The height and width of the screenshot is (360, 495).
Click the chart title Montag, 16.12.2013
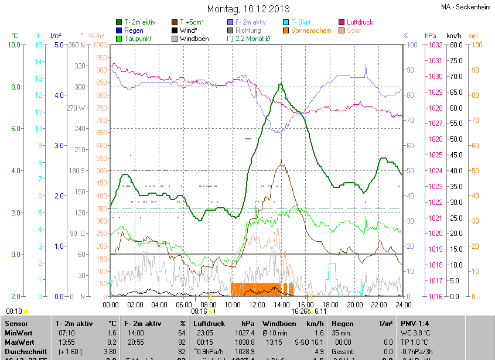(247, 9)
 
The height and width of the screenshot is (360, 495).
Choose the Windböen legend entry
(196, 39)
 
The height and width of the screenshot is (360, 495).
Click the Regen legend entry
(134, 30)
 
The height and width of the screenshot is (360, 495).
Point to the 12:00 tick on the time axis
(257, 304)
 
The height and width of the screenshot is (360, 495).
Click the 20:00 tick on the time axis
(354, 304)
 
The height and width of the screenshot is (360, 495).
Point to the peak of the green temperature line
(281, 84)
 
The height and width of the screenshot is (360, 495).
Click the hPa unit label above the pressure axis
(431, 36)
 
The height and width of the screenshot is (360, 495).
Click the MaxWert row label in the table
(19, 341)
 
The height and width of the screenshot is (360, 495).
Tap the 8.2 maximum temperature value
(111, 341)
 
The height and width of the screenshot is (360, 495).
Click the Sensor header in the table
(17, 323)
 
